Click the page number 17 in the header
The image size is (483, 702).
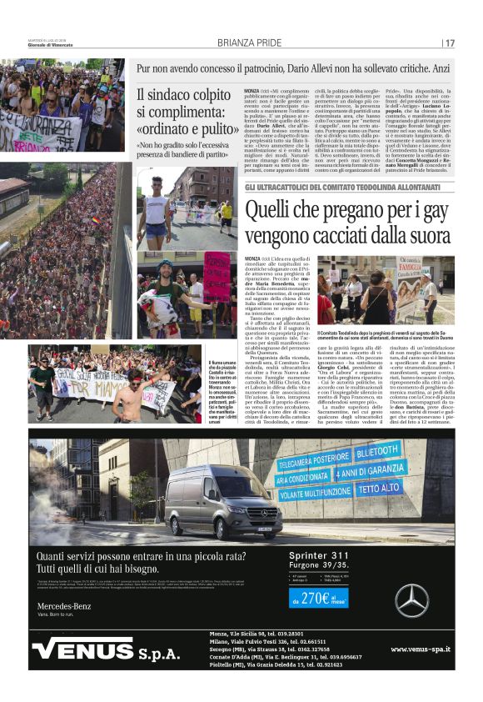click(450, 43)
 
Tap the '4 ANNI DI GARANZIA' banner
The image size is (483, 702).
click(372, 471)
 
